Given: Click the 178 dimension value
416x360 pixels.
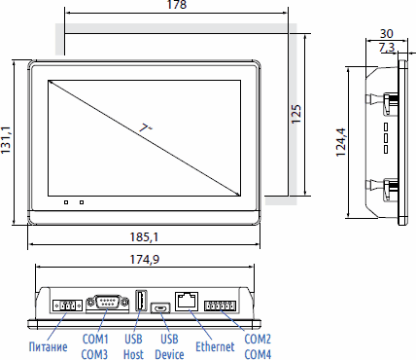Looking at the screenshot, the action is pyautogui.click(x=177, y=5).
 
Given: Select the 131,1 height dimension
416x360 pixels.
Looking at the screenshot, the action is pyautogui.click(x=6, y=140).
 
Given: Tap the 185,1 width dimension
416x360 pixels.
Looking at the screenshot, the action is pyautogui.click(x=144, y=237).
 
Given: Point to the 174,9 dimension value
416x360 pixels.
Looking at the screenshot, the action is pyautogui.click(x=145, y=260).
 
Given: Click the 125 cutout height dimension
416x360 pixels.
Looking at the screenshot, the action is pyautogui.click(x=296, y=114).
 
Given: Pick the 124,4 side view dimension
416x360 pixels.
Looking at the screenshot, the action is pyautogui.click(x=341, y=143).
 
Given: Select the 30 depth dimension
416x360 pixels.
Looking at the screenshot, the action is pyautogui.click(x=387, y=34).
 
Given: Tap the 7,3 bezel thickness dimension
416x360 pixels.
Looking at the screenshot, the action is pyautogui.click(x=387, y=48).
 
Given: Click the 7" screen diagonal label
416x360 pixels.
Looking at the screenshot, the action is pyautogui.click(x=146, y=128).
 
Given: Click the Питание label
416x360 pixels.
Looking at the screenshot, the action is pyautogui.click(x=49, y=346).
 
